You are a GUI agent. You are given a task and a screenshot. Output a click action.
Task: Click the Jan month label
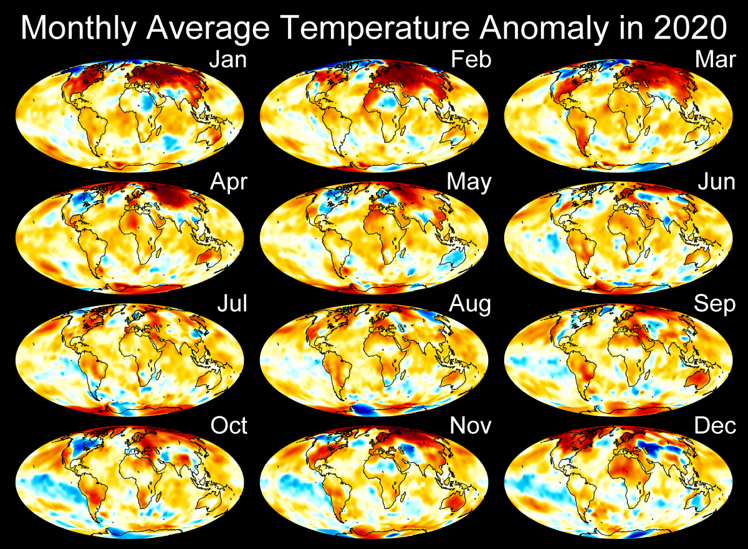click(x=228, y=60)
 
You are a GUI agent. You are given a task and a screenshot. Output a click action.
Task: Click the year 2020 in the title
click(x=694, y=27)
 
